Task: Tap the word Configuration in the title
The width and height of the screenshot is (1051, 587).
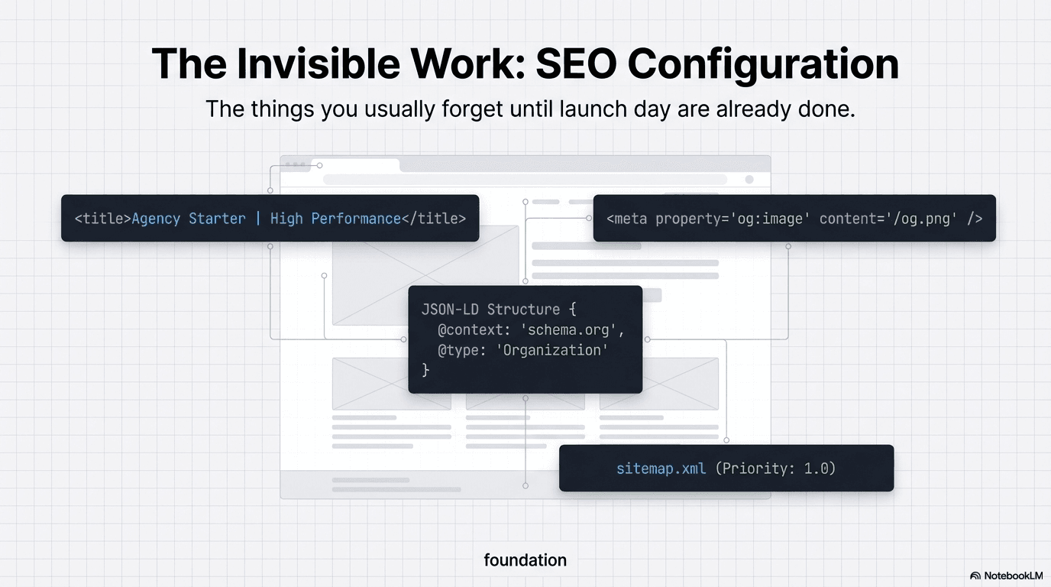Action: coord(763,63)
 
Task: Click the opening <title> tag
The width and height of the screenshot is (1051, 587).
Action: coord(102,219)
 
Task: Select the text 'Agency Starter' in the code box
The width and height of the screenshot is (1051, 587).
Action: coord(189,219)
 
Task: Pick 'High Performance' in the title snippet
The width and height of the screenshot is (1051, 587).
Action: coord(335,219)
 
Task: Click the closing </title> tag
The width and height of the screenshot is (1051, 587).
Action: coord(434,219)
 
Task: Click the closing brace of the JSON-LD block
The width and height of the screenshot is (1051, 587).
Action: coord(425,370)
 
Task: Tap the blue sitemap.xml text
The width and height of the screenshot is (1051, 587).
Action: coord(661,468)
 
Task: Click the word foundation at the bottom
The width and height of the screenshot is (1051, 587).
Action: coord(525,560)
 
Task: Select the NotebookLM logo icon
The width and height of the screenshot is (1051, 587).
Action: coord(975,576)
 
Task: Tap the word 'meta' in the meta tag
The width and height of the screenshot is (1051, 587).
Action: coord(631,219)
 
